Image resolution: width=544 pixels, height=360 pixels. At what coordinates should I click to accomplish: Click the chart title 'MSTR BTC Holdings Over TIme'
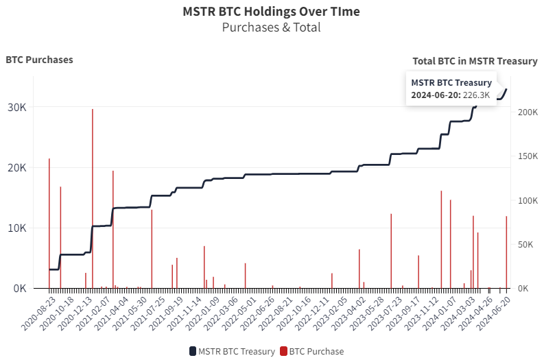pos(271,12)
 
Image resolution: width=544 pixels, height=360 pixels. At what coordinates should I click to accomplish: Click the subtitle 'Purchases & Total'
pos(271,27)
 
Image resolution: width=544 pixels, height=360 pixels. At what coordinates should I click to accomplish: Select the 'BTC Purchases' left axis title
pos(39,60)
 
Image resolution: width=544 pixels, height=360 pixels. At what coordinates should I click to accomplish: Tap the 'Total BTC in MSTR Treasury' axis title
pos(475,61)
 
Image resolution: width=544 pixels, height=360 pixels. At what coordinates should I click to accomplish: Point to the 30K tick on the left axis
pos(17,108)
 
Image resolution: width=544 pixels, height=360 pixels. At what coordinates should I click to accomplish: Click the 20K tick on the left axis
pos(17,168)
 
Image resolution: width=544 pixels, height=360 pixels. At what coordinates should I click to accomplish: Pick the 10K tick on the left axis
pos(17,228)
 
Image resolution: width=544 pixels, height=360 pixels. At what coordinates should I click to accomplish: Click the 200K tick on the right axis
pos(528,112)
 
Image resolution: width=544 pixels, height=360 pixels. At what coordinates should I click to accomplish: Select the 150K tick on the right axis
pos(528,156)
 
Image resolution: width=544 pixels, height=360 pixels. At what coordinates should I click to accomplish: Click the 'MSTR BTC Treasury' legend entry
pos(231,351)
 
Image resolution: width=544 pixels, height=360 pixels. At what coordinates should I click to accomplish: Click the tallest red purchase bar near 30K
pos(93,199)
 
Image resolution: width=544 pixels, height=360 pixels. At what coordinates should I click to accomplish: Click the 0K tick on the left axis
pos(19,289)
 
